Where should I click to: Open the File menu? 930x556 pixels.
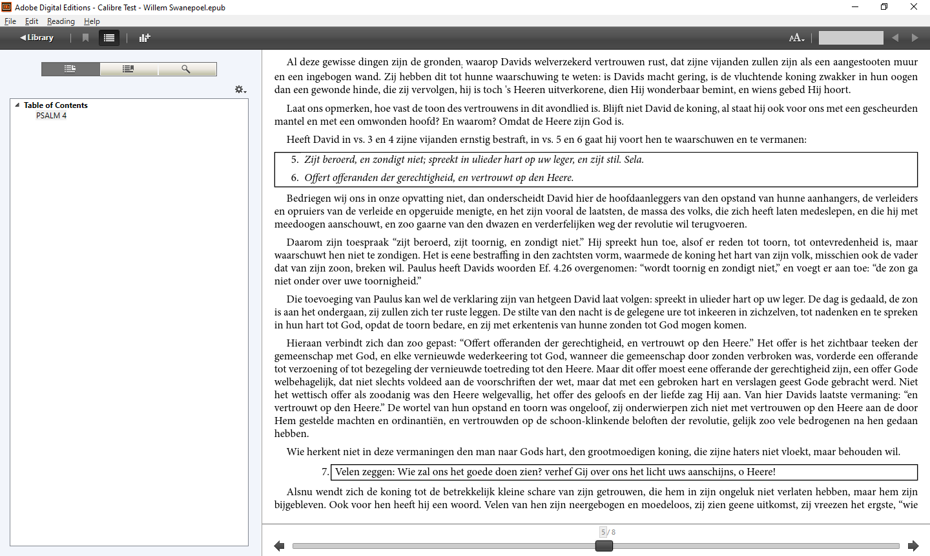point(10,21)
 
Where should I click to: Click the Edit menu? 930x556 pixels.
point(32,21)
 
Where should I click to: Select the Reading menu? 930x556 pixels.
point(61,21)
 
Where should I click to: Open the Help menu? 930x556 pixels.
point(92,21)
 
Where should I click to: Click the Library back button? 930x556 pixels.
point(37,37)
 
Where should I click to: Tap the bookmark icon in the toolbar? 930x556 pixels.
point(85,37)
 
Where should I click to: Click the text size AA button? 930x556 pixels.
point(796,37)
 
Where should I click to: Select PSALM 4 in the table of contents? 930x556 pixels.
point(51,116)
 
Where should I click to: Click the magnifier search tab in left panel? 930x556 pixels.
point(186,69)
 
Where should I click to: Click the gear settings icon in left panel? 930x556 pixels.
point(240,89)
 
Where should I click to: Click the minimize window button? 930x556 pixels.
point(855,7)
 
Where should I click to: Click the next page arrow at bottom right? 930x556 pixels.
point(913,546)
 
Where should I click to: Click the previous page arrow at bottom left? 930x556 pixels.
point(279,546)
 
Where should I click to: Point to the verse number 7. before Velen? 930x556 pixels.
point(325,472)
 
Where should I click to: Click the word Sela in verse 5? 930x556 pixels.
point(633,160)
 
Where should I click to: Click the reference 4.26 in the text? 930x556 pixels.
point(563,268)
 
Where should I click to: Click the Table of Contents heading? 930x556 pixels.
point(56,105)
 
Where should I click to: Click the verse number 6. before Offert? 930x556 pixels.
point(294,178)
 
